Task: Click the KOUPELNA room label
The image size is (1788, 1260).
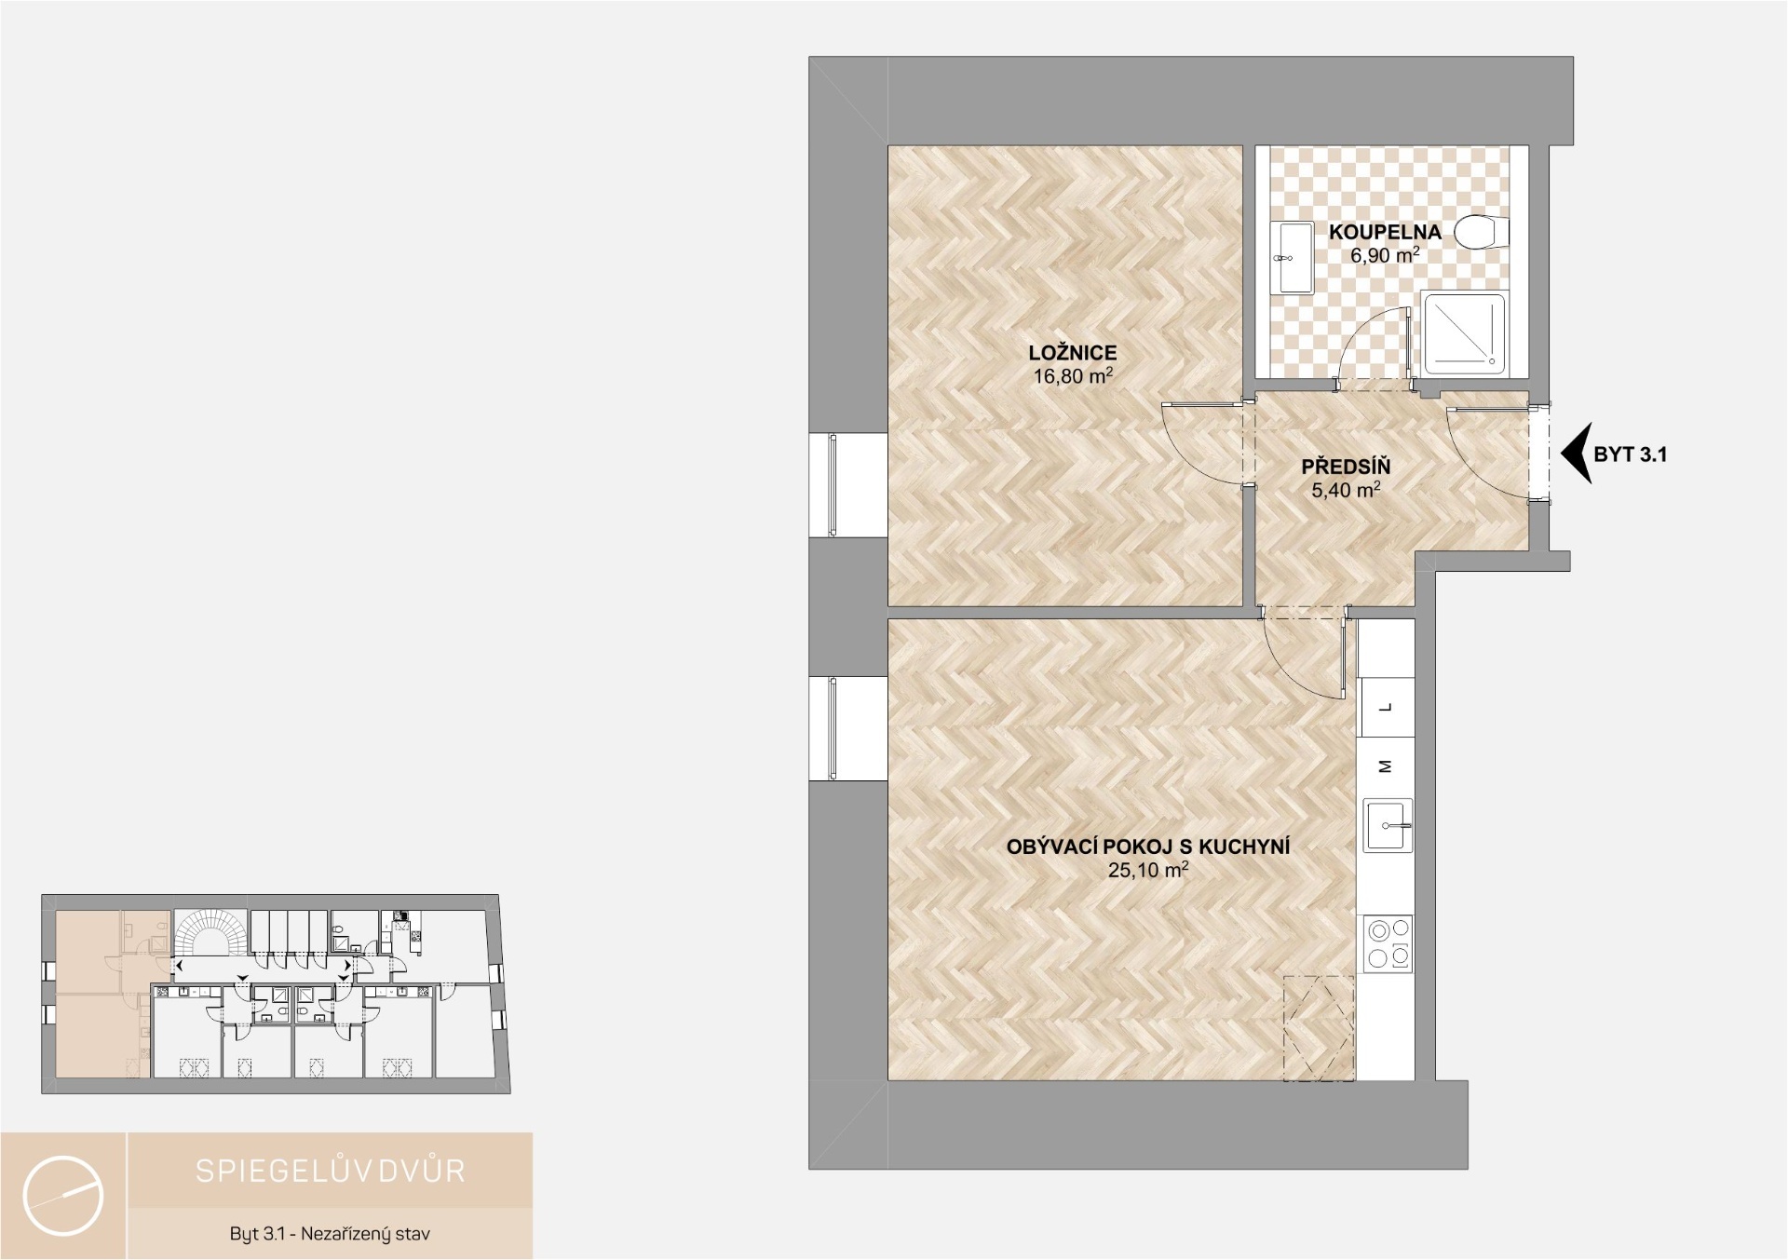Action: (1385, 232)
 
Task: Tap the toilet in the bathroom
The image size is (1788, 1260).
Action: (1482, 232)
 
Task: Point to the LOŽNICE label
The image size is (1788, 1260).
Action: (1073, 353)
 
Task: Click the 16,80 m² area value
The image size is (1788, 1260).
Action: (1073, 375)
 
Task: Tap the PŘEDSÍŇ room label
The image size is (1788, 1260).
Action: (1346, 467)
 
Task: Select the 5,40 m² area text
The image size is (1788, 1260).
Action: (1346, 489)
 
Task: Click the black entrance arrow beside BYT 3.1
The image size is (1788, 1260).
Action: (1576, 454)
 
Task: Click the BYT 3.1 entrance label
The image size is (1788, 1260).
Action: (1631, 454)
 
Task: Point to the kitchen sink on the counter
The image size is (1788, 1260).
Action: (1388, 825)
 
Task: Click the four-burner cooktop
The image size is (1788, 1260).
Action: (1388, 944)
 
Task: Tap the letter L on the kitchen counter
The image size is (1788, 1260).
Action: (1386, 708)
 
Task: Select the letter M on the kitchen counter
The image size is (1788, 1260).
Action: (1386, 766)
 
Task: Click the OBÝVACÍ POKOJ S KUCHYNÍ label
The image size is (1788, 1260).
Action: (1148, 847)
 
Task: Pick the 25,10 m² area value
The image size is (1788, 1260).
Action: (1148, 871)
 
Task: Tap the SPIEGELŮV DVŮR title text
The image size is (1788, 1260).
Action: (330, 1171)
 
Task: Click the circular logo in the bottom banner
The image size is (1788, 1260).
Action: (63, 1196)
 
